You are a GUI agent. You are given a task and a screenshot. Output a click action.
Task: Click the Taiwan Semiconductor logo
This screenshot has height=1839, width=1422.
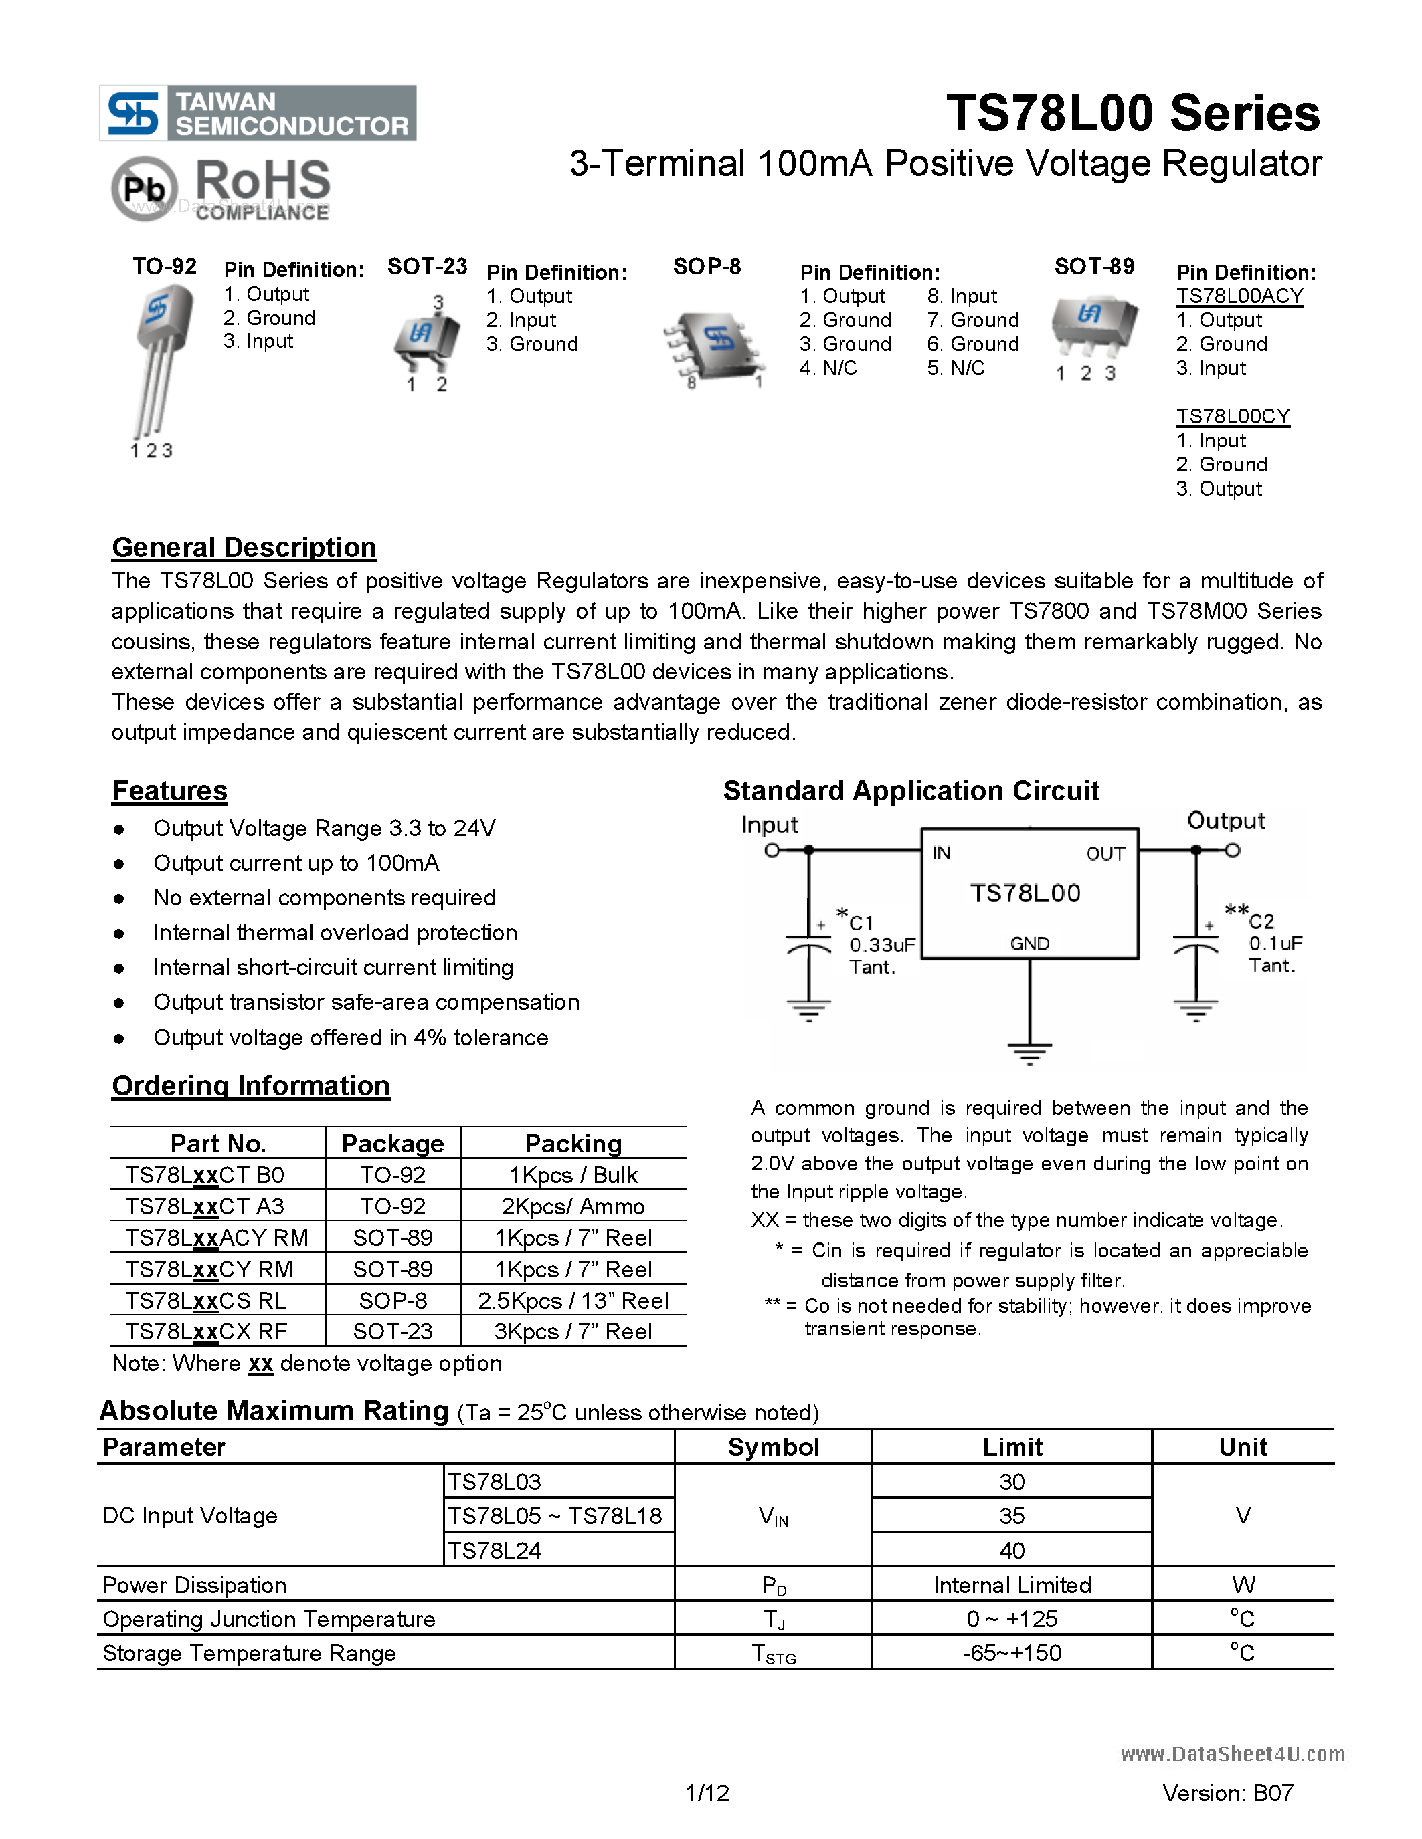point(257,113)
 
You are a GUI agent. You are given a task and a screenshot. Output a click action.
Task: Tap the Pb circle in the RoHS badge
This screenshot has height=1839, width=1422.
point(144,189)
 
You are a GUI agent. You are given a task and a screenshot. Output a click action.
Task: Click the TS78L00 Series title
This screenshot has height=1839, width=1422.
point(1132,113)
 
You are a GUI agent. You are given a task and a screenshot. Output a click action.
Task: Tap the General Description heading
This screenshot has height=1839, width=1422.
point(244,547)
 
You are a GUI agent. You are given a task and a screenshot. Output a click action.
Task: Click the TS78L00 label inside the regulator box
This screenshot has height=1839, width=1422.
point(1025,893)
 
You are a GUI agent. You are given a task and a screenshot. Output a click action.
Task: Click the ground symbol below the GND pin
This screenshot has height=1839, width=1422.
point(1029,1053)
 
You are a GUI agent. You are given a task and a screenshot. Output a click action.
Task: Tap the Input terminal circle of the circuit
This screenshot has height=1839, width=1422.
point(772,851)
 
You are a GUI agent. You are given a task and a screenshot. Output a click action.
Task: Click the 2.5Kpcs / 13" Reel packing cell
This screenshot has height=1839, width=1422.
point(573,1300)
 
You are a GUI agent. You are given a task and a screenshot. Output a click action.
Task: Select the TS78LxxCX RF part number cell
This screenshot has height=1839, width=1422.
point(206,1331)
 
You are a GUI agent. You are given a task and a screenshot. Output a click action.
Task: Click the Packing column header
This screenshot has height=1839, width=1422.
point(573,1143)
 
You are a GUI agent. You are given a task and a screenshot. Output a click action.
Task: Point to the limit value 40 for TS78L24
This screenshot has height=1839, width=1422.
point(1012,1550)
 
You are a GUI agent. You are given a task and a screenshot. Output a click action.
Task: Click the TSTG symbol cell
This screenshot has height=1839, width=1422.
point(774,1654)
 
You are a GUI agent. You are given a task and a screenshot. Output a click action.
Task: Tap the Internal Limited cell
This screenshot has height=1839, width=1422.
point(1012,1585)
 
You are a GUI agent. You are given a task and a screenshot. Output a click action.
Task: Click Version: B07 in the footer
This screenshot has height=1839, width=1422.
point(1227,1793)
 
